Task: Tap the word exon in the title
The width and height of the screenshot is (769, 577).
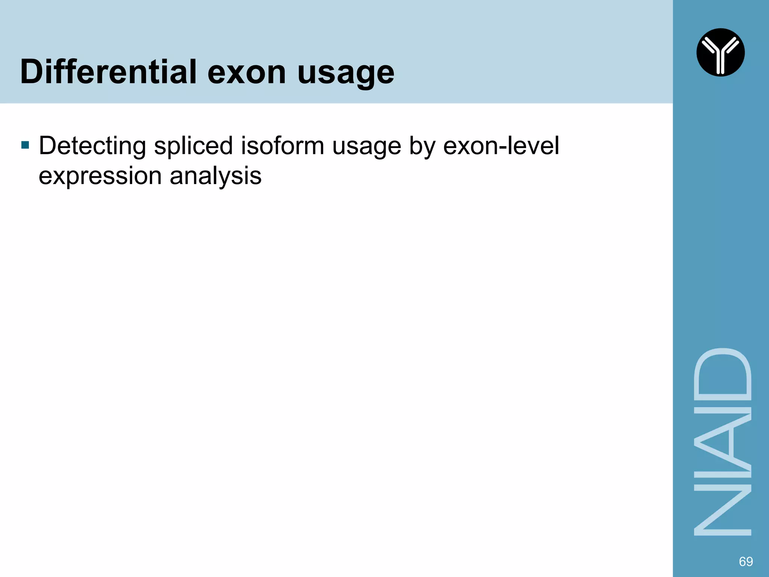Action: click(x=247, y=72)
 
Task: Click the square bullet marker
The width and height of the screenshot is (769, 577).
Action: click(x=25, y=145)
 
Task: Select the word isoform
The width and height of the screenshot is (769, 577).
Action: click(x=282, y=146)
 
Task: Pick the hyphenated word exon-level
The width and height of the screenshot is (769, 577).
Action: click(x=501, y=146)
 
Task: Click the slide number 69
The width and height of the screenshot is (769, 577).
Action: click(x=745, y=561)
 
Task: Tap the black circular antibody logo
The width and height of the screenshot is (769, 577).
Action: click(x=720, y=52)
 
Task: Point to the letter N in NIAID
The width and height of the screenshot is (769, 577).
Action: click(x=722, y=510)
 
